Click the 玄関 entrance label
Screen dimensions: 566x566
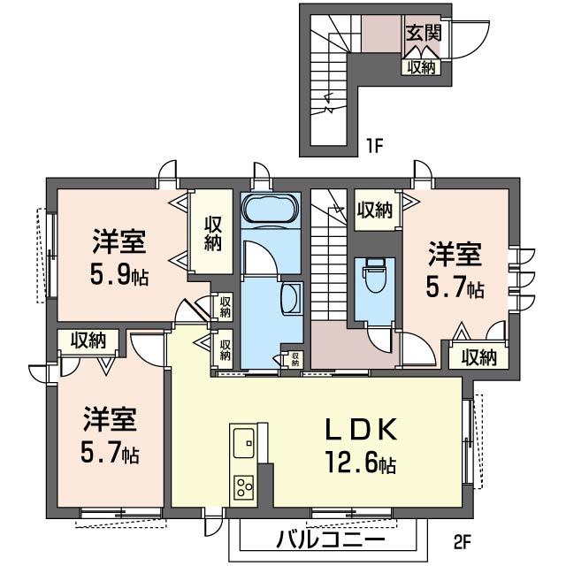coord(424,33)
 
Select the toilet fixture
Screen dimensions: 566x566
coord(374,275)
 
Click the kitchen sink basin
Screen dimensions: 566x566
coord(244,443)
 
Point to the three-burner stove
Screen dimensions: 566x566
coord(244,487)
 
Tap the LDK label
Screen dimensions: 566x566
coord(361,429)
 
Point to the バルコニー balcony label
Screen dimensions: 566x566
coord(330,540)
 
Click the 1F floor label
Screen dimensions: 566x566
coord(374,146)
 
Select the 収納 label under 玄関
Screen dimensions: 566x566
coord(421,67)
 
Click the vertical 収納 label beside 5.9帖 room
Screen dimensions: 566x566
coord(212,233)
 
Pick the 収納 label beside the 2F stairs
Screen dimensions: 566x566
coord(375,210)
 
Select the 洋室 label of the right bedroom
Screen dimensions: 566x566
coord(455,255)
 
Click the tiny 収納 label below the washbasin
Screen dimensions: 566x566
coord(295,359)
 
